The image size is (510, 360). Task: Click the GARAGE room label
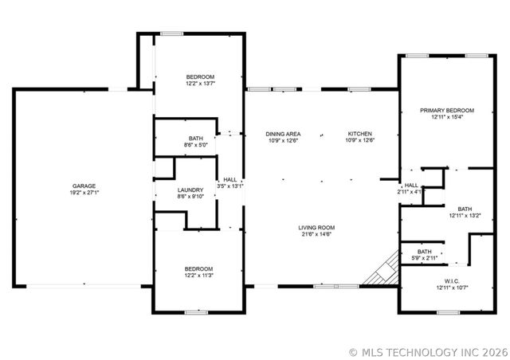(84, 185)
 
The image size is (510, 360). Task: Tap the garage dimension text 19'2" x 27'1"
(84, 192)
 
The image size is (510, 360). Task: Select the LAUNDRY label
(191, 190)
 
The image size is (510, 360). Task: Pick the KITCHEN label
(360, 133)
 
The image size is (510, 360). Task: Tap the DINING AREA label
(283, 133)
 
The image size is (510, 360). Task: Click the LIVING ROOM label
(316, 227)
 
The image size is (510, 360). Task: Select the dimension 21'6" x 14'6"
(316, 234)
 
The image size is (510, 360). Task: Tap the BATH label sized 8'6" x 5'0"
(196, 138)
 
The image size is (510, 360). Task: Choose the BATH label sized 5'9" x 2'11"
(424, 251)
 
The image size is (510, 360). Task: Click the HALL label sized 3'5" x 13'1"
(230, 179)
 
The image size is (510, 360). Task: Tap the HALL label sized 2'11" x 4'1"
(411, 185)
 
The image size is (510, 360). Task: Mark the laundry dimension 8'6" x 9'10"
(191, 197)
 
